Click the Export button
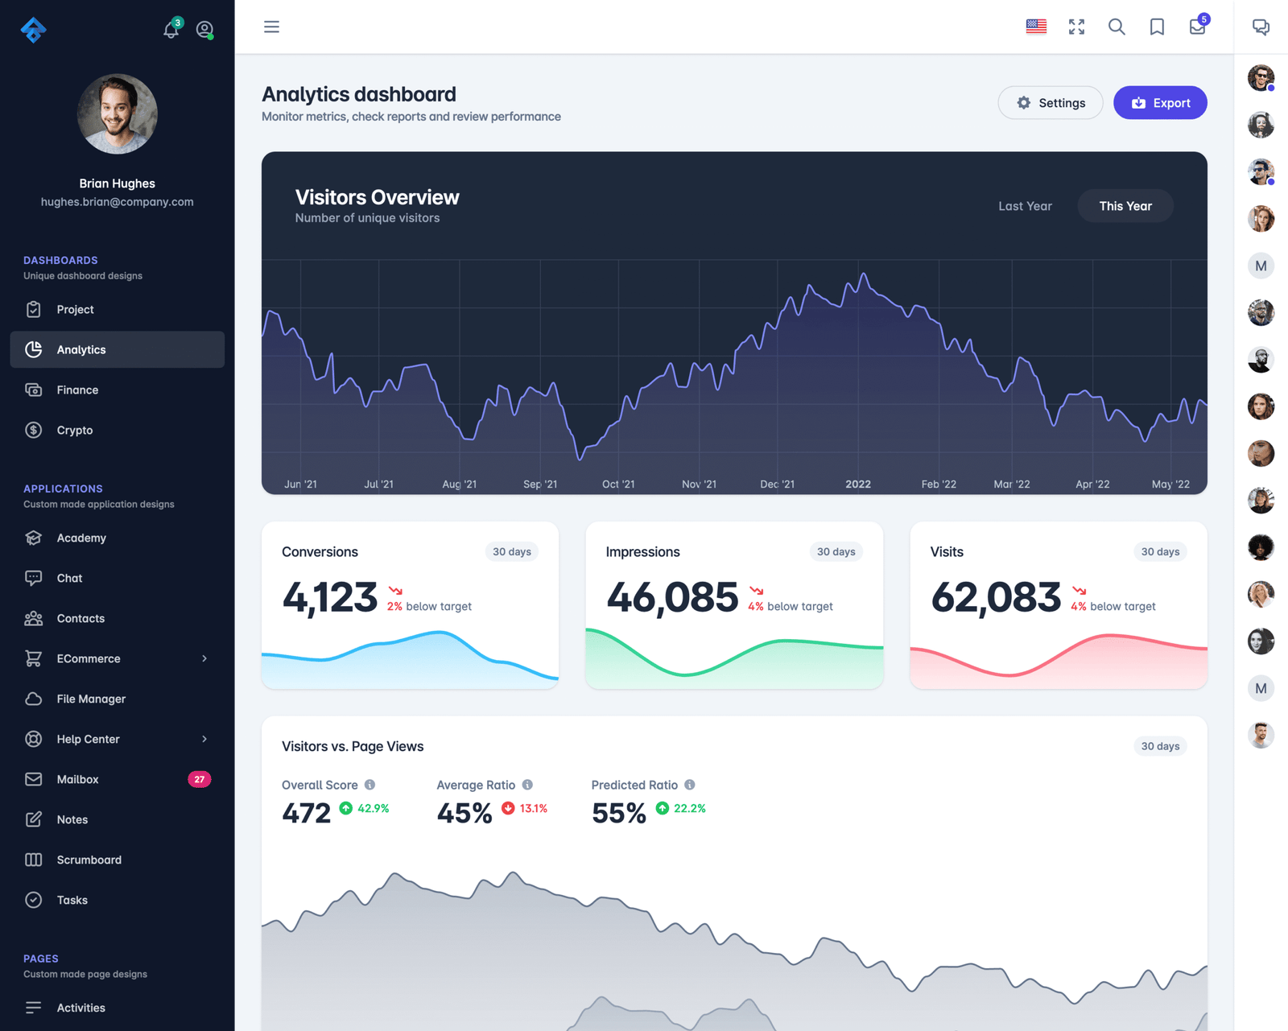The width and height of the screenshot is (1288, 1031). pyautogui.click(x=1160, y=103)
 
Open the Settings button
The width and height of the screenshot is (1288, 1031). pyautogui.click(x=1051, y=103)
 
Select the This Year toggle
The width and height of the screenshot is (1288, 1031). pyautogui.click(x=1125, y=206)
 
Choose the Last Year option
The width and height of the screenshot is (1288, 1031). pyautogui.click(x=1025, y=206)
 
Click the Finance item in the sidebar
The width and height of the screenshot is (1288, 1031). pyautogui.click(x=77, y=390)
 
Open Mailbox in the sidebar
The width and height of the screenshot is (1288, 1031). pyautogui.click(x=77, y=779)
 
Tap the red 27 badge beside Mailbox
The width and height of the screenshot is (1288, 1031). pyautogui.click(x=199, y=779)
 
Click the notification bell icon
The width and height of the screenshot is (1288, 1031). pyautogui.click(x=171, y=31)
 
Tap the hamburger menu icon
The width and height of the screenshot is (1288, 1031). pyautogui.click(x=272, y=27)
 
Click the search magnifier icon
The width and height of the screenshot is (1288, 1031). pyautogui.click(x=1117, y=27)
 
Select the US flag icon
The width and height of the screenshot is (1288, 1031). pyautogui.click(x=1036, y=27)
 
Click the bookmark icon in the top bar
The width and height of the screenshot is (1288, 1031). pyautogui.click(x=1157, y=27)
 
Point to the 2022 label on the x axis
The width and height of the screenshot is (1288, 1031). pyautogui.click(x=858, y=484)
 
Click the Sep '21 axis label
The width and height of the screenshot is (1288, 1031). pyautogui.click(x=540, y=484)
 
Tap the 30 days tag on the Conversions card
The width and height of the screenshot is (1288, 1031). pyautogui.click(x=512, y=551)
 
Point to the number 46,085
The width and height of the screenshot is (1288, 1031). pyautogui.click(x=672, y=597)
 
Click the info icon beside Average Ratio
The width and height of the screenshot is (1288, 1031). pyautogui.click(x=527, y=785)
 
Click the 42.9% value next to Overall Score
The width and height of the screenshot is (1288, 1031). pyautogui.click(x=373, y=808)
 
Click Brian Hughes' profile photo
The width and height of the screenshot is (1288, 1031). pyautogui.click(x=118, y=114)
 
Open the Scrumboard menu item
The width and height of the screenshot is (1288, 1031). pyautogui.click(x=89, y=860)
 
